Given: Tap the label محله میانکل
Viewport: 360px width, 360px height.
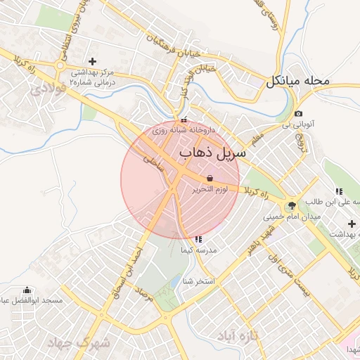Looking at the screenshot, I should (x=297, y=80).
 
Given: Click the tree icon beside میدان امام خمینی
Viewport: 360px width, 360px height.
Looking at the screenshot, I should (x=292, y=205).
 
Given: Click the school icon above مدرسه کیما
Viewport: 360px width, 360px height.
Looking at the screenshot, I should (x=198, y=240).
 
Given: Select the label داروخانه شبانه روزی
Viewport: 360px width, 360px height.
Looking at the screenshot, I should (x=184, y=130).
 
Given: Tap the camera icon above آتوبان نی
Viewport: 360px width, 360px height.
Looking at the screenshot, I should (x=298, y=114).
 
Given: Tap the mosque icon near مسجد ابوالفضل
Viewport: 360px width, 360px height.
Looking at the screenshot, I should (x=27, y=290).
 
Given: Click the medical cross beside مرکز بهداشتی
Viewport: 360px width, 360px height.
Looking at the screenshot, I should (x=93, y=62).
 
